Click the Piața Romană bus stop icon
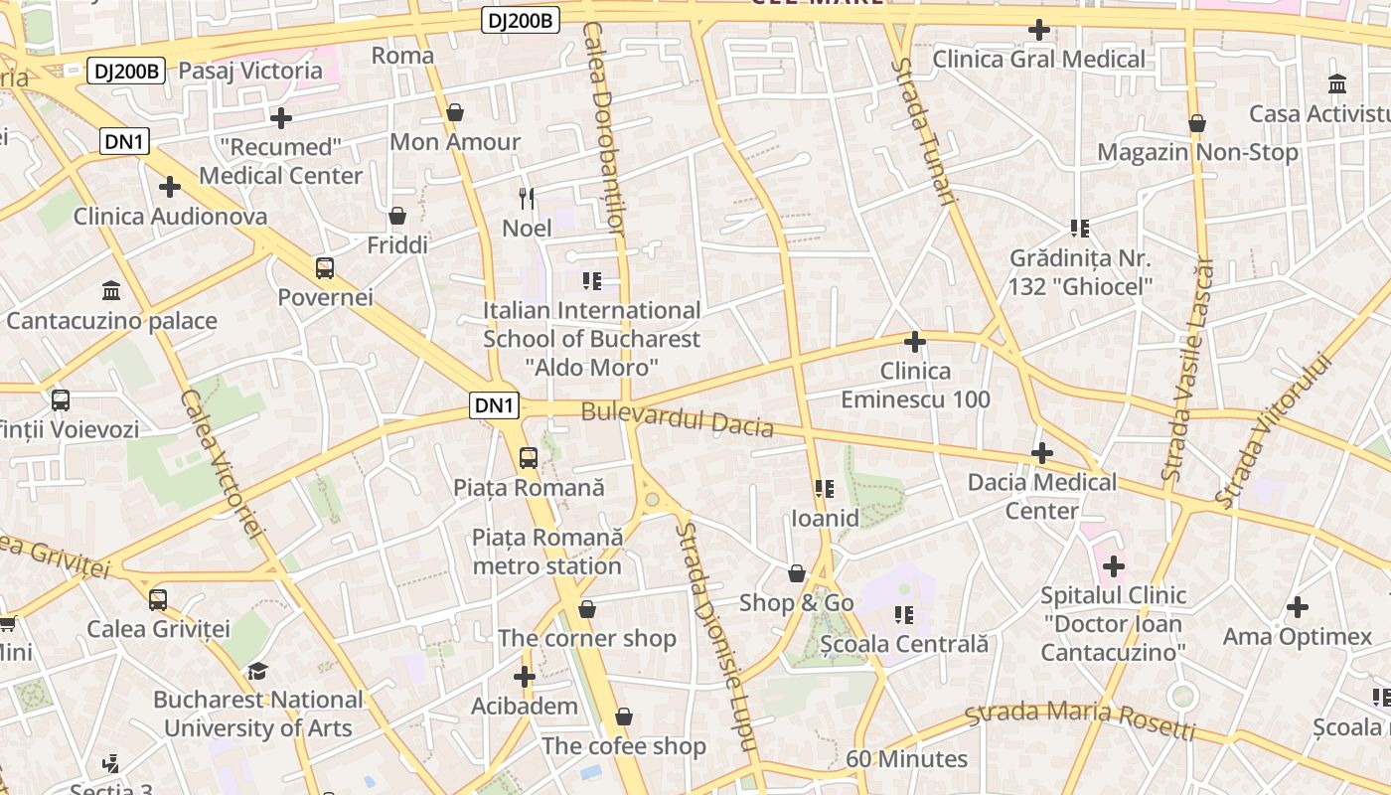[x=529, y=458]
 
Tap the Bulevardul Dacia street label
[x=677, y=419]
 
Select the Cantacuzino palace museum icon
[x=111, y=291]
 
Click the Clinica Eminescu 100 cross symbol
[x=915, y=342]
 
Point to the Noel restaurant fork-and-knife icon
[x=527, y=199]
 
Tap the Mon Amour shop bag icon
[x=455, y=112]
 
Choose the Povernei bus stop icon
[x=325, y=267]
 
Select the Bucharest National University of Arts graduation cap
[x=258, y=671]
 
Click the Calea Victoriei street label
[x=222, y=463]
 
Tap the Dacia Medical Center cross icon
[x=1041, y=453]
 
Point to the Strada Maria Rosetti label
[x=1080, y=721]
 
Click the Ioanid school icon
[x=824, y=489]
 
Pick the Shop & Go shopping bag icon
[x=796, y=573]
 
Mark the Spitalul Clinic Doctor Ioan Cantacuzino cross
[x=1114, y=566]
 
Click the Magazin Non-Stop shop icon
[x=1197, y=123]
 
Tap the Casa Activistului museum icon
[x=1337, y=83]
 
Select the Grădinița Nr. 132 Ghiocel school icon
[x=1080, y=229]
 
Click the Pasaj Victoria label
[x=250, y=71]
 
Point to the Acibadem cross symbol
[x=525, y=678]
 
